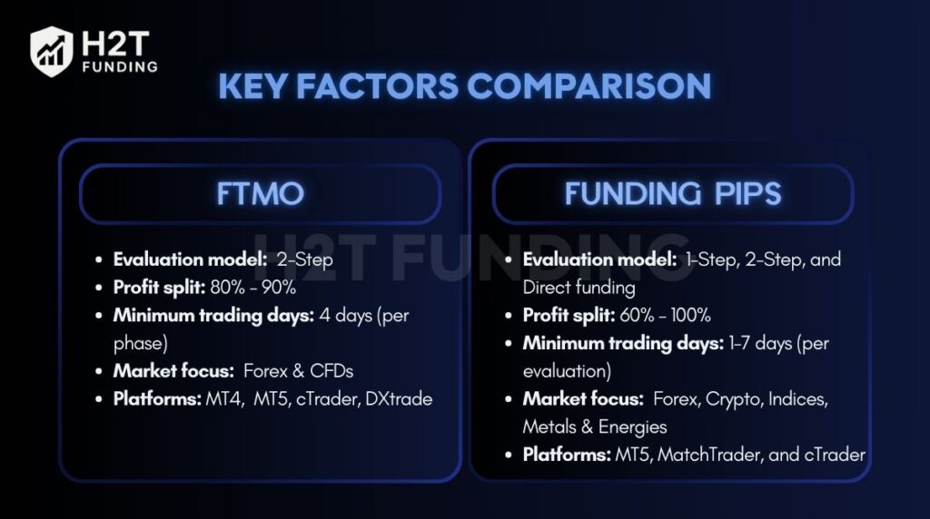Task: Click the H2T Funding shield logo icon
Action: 52,50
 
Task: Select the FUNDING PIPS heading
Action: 672,194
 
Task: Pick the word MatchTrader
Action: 709,454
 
